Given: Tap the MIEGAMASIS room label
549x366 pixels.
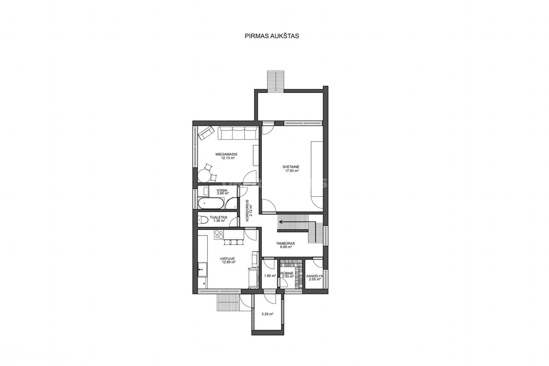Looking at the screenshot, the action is [x=226, y=154].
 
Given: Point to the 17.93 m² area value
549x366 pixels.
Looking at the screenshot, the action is [x=292, y=171].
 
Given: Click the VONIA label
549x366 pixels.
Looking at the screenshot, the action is [x=222, y=190].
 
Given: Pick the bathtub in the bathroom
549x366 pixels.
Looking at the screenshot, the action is [x=211, y=203].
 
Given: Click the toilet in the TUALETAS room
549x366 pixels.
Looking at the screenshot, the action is [x=203, y=220].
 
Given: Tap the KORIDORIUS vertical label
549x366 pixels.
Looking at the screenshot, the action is [x=247, y=211].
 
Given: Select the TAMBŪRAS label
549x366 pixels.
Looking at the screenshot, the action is [x=285, y=243].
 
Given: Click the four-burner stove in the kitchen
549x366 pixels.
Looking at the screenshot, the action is [x=219, y=234].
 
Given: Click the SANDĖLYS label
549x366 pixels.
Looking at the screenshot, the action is [x=314, y=276].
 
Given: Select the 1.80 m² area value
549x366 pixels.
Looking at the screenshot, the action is [x=270, y=276].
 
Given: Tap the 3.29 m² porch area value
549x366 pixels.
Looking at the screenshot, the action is [x=267, y=314].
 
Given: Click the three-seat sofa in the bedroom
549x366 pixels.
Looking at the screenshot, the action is [x=238, y=133].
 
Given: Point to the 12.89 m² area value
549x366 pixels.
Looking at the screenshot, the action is [x=229, y=262].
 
